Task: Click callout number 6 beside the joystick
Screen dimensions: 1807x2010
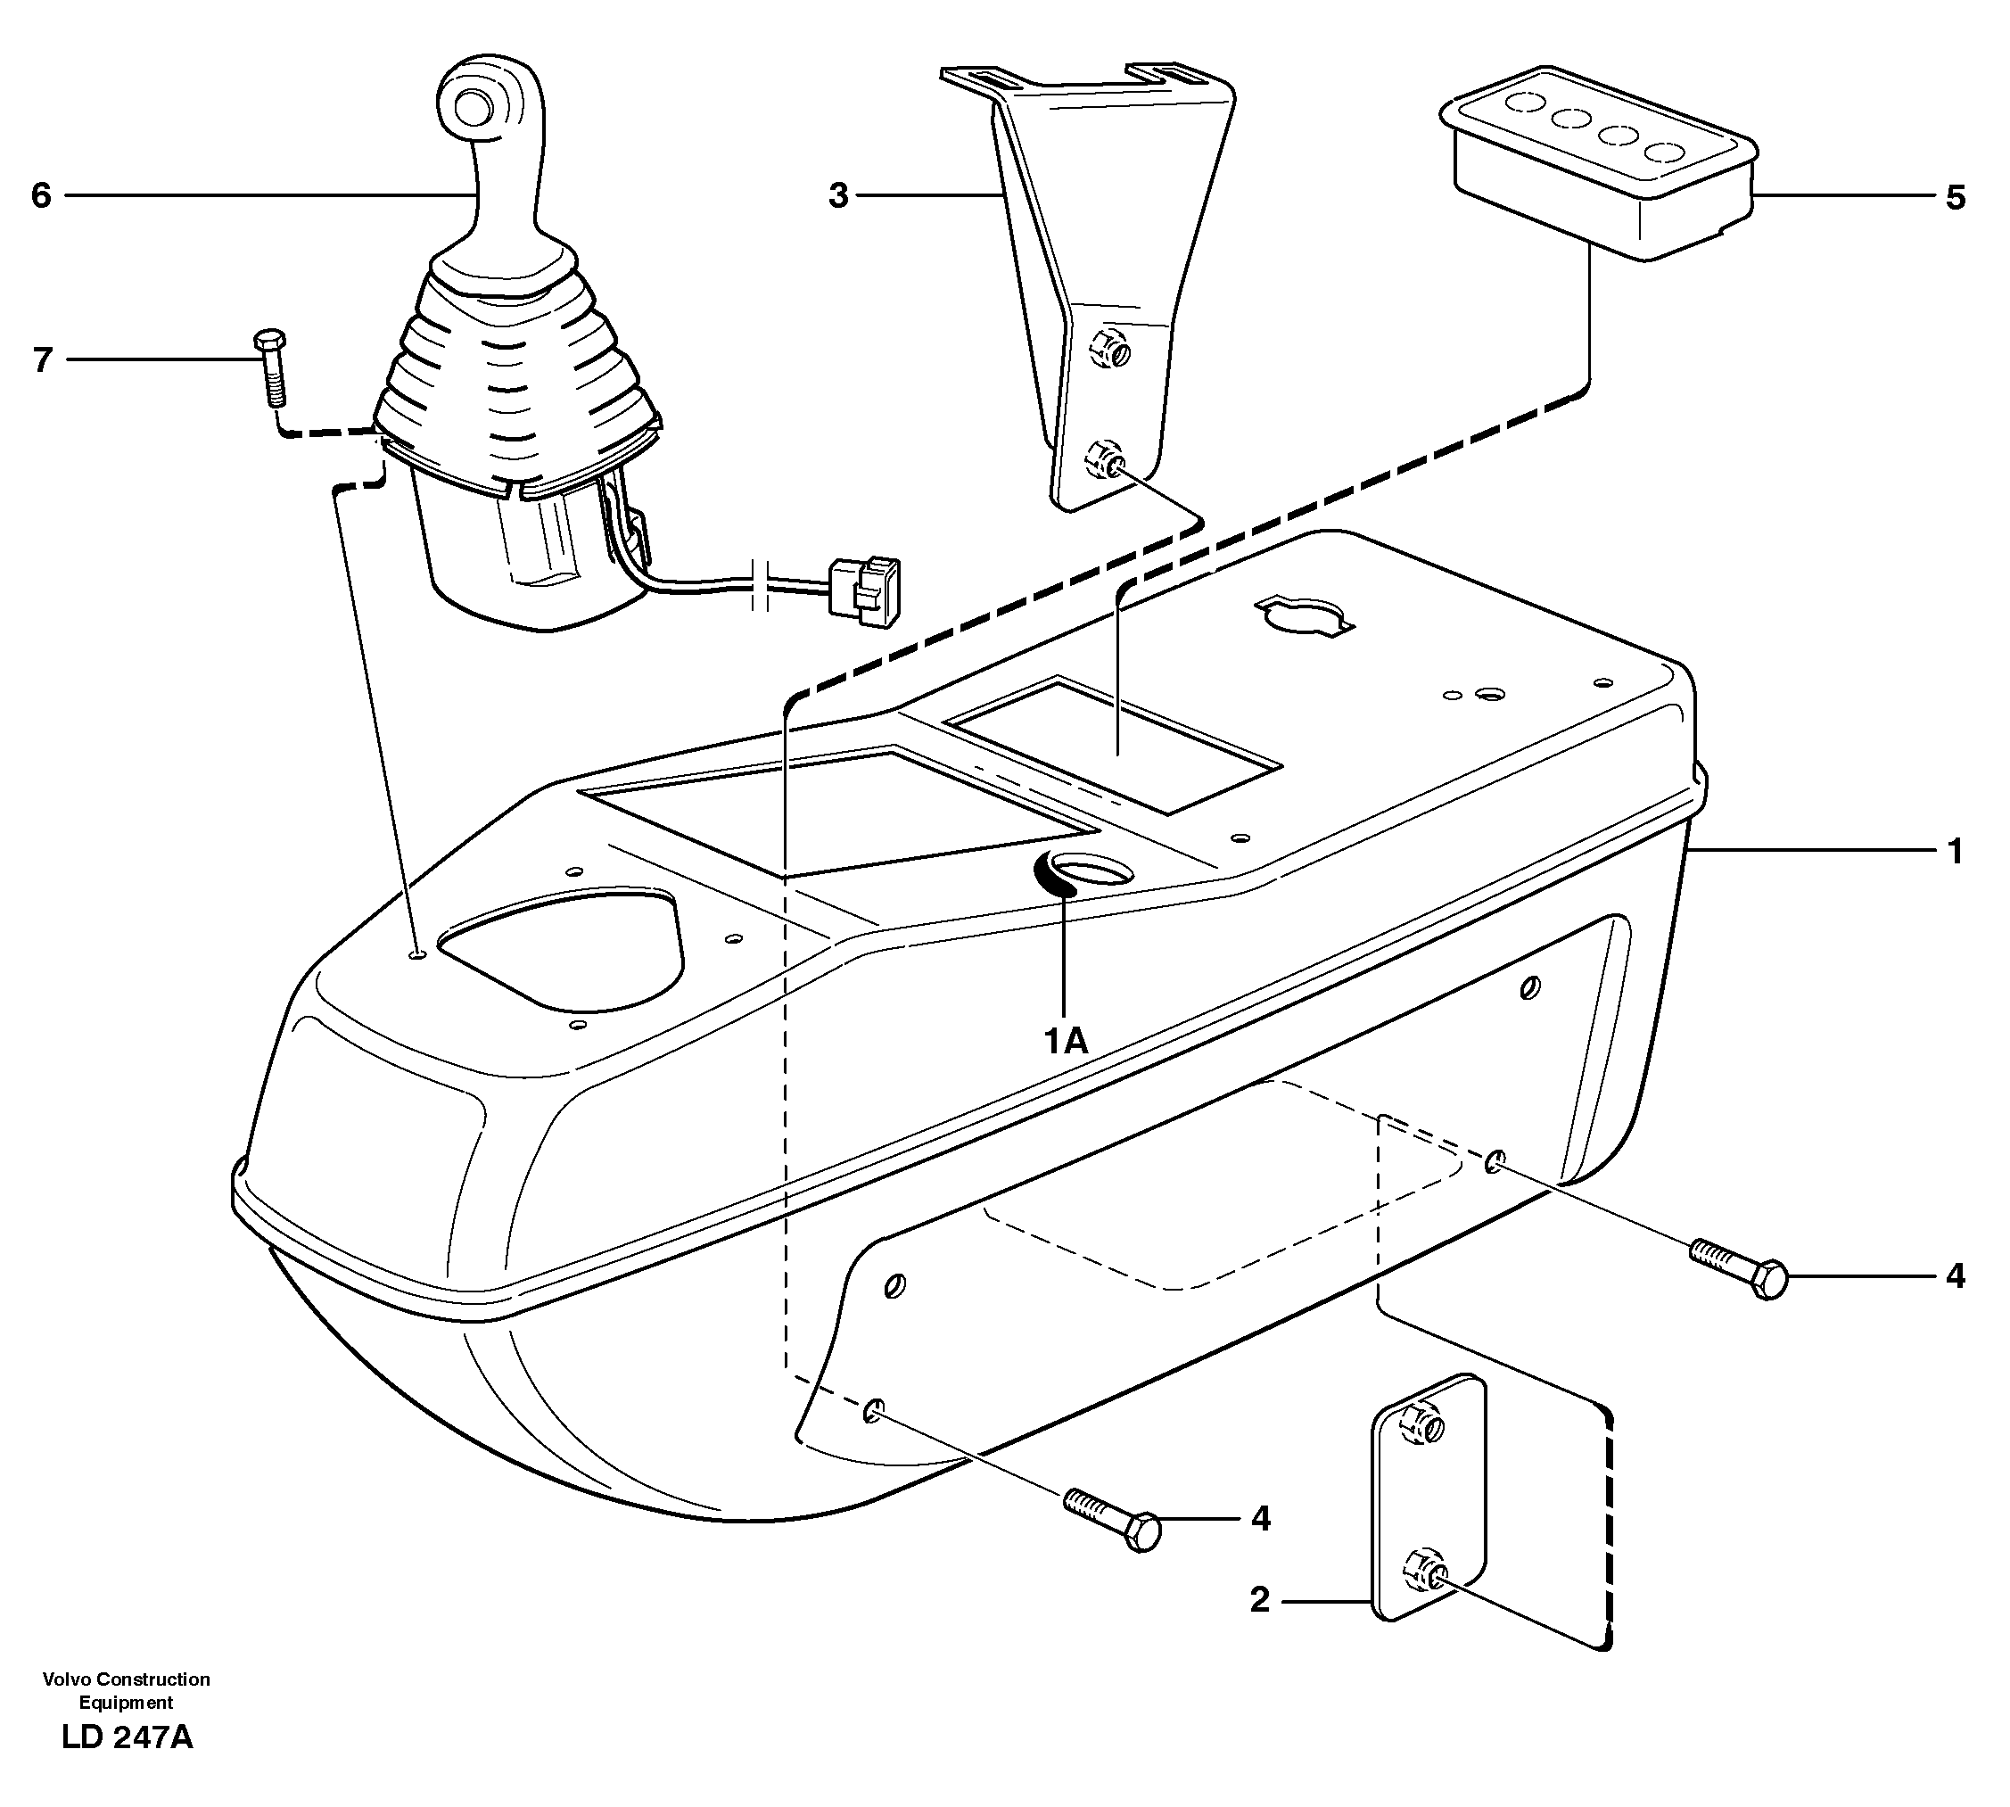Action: point(41,195)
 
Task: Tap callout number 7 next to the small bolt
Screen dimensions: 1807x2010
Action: point(42,359)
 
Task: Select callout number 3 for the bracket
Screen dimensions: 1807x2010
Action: point(839,196)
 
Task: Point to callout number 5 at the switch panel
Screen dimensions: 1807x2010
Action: point(1955,198)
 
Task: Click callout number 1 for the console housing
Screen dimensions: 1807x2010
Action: point(1955,851)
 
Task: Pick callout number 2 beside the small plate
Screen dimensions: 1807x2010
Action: point(1258,1600)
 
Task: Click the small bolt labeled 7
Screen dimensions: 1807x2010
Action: point(272,368)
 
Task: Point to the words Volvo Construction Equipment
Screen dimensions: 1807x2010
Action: point(126,1690)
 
